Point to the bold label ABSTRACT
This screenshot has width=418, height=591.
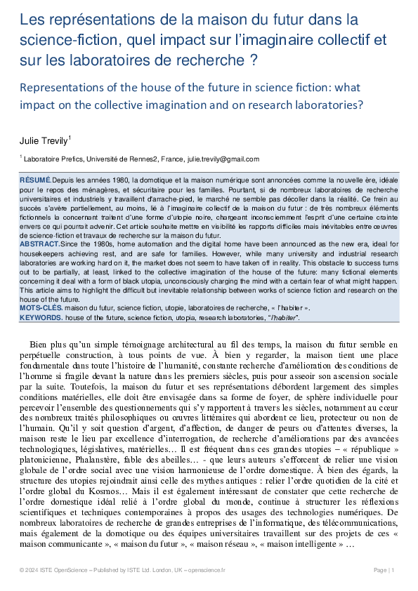pos(39,244)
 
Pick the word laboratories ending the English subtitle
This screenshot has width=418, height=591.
pos(331,105)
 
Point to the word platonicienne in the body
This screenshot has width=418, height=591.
pos(52,439)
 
